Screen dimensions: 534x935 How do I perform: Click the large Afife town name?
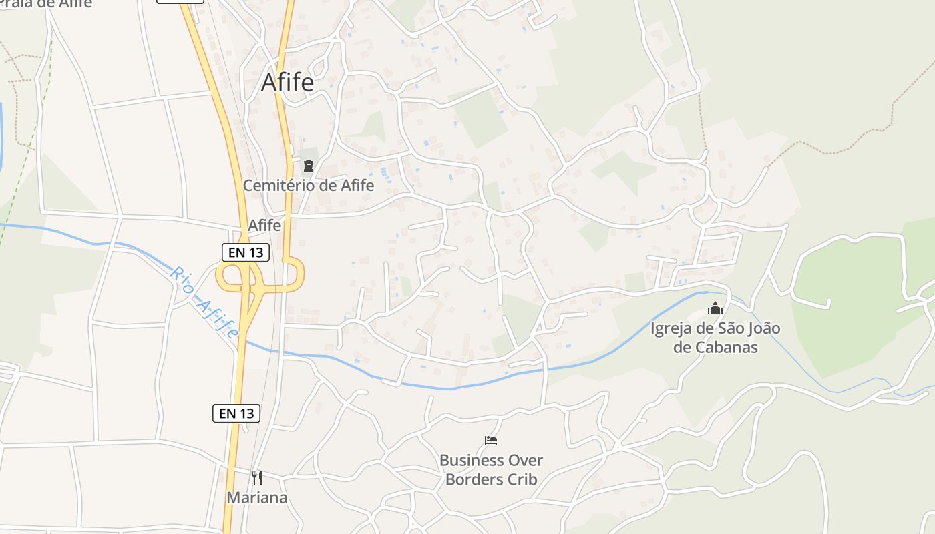287,82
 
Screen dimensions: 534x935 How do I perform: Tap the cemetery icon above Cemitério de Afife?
309,165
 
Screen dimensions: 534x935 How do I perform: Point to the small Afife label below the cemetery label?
264,226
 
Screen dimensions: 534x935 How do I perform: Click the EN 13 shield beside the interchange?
246,252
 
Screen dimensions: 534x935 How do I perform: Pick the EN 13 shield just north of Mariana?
236,413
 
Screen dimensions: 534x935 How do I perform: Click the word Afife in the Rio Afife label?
217,318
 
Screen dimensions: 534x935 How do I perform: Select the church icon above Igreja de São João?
715,308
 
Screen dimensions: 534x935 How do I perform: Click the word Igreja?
673,328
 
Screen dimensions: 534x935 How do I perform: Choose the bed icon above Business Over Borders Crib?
491,441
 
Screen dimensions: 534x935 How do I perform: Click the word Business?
472,460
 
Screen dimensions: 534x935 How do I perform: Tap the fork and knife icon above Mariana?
257,477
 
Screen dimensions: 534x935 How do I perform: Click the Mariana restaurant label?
257,497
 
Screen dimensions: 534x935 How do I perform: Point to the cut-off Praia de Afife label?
46,3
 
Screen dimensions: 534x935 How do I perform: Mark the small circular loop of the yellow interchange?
232,276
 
